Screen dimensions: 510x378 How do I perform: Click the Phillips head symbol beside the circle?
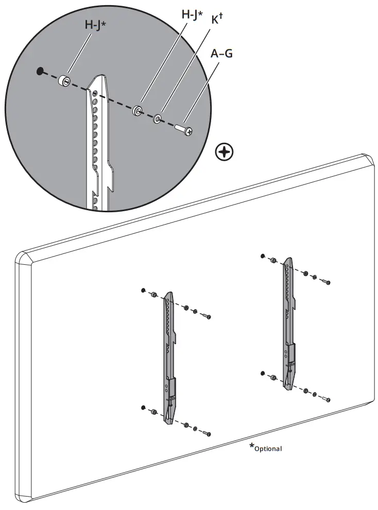coord(225,152)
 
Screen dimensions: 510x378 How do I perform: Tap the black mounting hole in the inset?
coord(40,71)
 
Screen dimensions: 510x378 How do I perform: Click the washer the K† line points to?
coord(157,119)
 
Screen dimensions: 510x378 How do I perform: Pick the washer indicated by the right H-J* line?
coord(138,110)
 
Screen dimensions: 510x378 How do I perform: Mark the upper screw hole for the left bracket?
coord(143,291)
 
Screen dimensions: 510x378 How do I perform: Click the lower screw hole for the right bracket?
coord(262,372)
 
